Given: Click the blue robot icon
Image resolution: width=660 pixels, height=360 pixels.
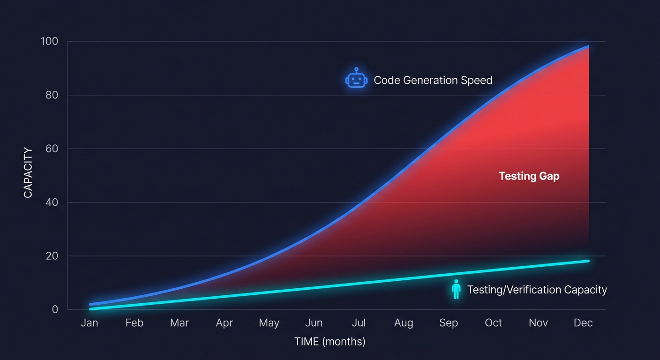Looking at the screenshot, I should [356, 79].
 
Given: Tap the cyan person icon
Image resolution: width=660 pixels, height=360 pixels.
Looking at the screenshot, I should [456, 289].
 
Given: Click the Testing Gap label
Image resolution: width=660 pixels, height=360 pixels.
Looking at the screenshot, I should [529, 176].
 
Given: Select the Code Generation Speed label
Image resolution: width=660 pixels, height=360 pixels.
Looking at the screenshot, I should [433, 80].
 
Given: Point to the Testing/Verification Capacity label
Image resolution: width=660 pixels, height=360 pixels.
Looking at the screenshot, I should [537, 290].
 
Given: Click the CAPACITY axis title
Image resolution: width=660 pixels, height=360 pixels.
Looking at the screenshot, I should [28, 172].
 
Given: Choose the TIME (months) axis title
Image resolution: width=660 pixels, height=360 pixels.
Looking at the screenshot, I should [330, 341].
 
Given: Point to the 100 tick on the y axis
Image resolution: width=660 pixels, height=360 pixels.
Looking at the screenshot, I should [49, 41].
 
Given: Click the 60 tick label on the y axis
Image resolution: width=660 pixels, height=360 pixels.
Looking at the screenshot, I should [51, 149].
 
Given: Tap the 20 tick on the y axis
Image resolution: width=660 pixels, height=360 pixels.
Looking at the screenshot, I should [51, 256].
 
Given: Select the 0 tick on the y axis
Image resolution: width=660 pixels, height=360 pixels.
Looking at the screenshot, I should [55, 309].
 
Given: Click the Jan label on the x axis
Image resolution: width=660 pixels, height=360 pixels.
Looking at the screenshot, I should [89, 323].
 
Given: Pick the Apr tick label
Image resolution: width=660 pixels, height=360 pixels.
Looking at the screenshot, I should [224, 323].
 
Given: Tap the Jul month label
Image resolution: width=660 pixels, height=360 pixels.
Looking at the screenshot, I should [359, 323].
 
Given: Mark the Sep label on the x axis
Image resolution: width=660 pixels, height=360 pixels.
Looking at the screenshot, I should [449, 323].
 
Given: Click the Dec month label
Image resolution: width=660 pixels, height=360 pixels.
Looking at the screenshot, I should [583, 323].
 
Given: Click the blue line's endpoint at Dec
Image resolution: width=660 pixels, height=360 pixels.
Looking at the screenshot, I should [587, 46].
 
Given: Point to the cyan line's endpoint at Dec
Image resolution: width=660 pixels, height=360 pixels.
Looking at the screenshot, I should [587, 261].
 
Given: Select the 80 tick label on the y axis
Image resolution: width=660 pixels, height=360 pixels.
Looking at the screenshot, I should [51, 95].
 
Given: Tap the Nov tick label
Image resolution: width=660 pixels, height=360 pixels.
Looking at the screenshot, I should [538, 323].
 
